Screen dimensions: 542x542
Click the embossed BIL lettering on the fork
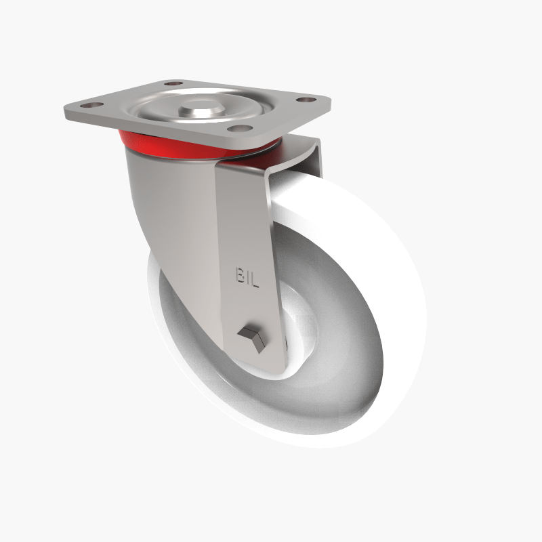point(248,276)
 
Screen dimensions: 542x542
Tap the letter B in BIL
point(241,276)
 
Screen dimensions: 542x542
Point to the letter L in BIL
point(256,276)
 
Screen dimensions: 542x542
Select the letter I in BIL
point(249,276)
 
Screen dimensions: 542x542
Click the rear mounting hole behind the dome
point(174,84)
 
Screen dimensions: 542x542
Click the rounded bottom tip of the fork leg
point(261,362)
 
